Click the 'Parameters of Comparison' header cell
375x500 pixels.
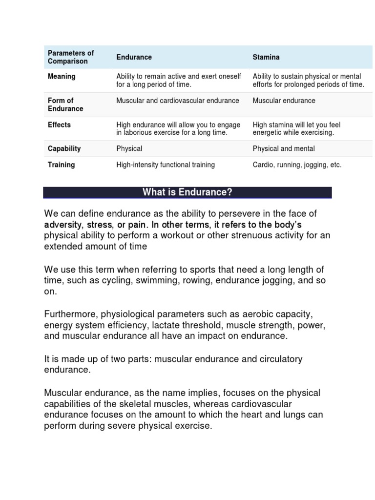[x=71, y=57]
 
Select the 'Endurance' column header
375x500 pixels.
[x=134, y=57]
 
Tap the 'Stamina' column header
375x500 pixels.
[x=266, y=57]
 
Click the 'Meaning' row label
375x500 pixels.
[x=62, y=76]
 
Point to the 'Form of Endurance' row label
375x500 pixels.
[x=65, y=104]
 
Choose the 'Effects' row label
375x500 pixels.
[x=59, y=125]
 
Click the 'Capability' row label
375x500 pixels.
[x=64, y=148]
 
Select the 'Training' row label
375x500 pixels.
[x=61, y=165]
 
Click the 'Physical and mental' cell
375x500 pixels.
[x=284, y=148]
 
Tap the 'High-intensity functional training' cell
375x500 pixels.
[x=166, y=165]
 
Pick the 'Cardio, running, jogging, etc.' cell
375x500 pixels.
[x=297, y=165]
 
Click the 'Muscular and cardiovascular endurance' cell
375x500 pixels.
[x=178, y=101]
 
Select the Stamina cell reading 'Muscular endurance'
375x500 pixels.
[x=284, y=101]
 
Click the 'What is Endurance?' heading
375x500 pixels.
[x=187, y=192]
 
